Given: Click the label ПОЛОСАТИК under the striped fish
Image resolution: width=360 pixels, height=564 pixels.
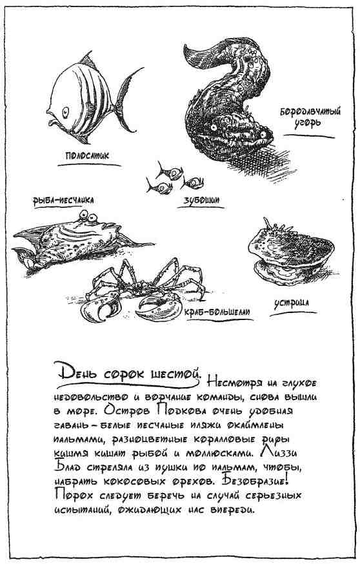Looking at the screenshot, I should tap(86, 156).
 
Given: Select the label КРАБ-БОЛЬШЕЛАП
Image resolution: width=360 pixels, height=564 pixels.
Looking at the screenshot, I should tap(217, 312).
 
